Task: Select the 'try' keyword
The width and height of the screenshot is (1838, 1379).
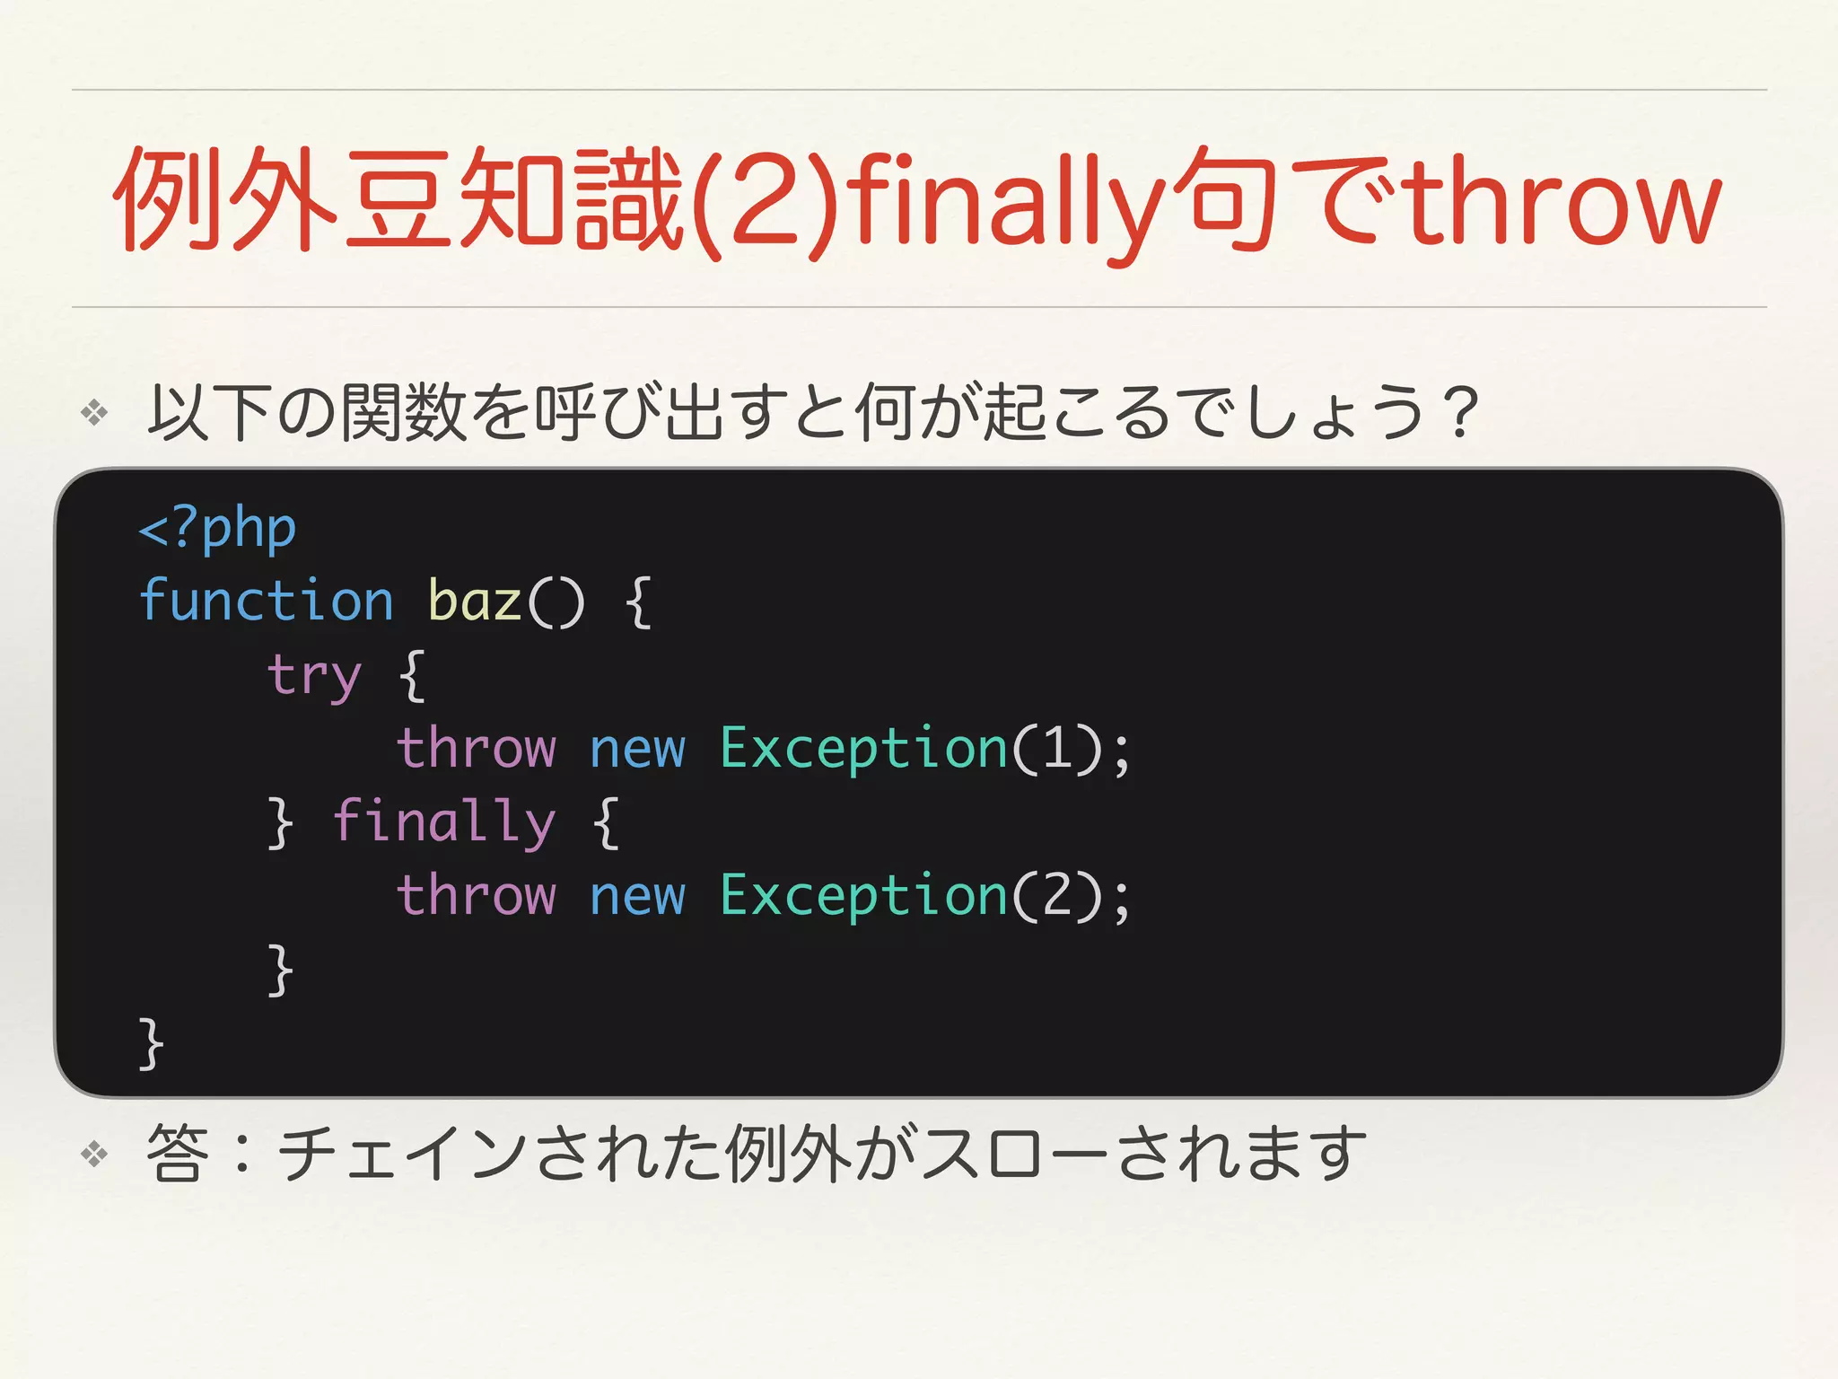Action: coord(314,675)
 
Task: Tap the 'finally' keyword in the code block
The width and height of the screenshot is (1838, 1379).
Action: coord(444,822)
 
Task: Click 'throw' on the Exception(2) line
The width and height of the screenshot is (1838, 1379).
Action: coord(477,895)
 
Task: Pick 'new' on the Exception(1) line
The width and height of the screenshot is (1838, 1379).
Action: coord(637,750)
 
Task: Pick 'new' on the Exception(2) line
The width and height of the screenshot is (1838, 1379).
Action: coord(637,897)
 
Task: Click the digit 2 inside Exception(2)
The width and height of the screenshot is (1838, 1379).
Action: coord(1057,895)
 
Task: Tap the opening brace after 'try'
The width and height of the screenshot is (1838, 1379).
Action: coord(412,675)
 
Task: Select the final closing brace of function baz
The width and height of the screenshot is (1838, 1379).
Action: coord(151,1043)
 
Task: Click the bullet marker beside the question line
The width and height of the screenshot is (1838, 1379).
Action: coord(94,413)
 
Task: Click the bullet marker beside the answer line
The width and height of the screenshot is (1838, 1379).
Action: coord(94,1154)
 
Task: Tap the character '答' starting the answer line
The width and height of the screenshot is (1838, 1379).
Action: coord(178,1154)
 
